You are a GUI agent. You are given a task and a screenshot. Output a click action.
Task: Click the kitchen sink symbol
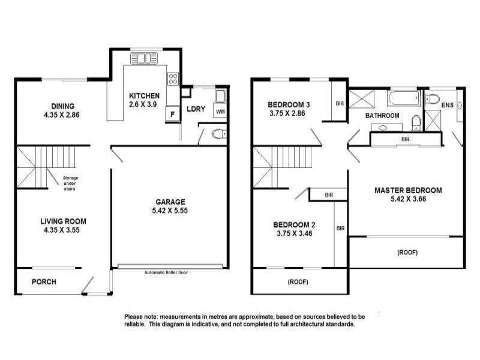[144, 58]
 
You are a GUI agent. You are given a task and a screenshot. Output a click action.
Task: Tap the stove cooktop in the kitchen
[173, 79]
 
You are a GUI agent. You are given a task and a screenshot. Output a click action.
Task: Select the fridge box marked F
[172, 114]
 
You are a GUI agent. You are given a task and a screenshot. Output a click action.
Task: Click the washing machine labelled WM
[220, 112]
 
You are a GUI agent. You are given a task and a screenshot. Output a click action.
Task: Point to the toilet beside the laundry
[219, 134]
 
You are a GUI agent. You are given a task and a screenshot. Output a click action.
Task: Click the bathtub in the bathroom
[403, 98]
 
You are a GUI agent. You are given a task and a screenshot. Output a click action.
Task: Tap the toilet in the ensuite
[433, 99]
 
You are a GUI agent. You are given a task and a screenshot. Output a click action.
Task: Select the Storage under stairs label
[70, 183]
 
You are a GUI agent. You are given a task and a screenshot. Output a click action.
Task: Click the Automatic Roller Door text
[166, 272]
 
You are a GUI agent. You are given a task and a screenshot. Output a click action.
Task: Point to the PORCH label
[44, 281]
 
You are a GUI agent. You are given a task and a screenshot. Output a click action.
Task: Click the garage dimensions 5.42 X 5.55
[170, 211]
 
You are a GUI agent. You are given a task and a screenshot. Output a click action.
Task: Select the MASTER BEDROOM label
[408, 190]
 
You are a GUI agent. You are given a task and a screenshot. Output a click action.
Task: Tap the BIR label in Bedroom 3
[340, 103]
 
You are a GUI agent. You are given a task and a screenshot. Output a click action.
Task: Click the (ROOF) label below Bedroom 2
[298, 281]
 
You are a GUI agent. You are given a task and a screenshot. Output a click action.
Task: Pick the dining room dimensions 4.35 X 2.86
[62, 115]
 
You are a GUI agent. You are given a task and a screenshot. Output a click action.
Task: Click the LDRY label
[196, 109]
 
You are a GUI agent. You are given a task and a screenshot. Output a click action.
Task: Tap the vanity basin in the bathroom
[383, 128]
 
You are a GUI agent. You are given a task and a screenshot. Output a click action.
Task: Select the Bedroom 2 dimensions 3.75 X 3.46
[295, 233]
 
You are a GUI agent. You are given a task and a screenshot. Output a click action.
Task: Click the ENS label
[447, 105]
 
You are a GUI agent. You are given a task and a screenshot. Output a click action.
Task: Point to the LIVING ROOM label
[64, 221]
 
